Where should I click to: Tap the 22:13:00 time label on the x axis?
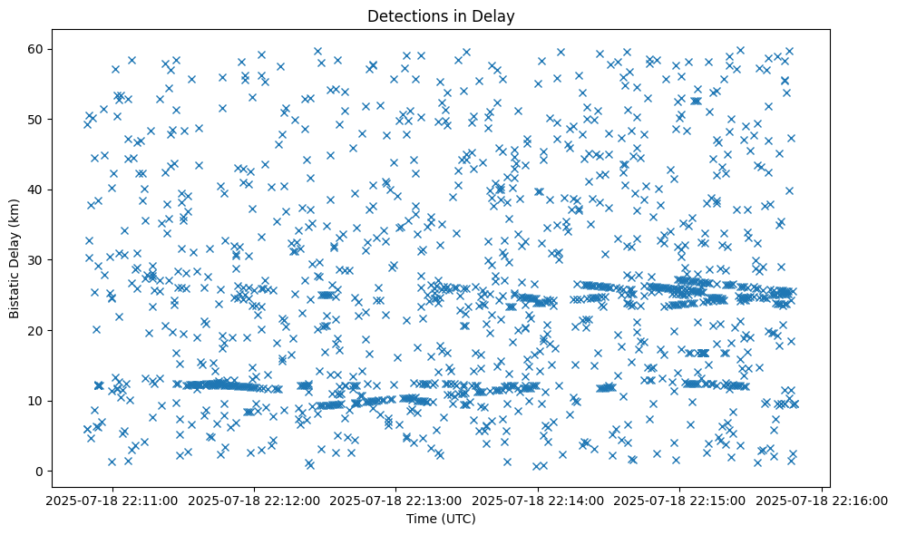[395, 501]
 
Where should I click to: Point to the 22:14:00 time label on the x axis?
[538, 501]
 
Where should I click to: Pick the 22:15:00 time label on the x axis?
[680, 501]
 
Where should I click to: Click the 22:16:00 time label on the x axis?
[823, 501]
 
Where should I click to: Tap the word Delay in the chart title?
[493, 16]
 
